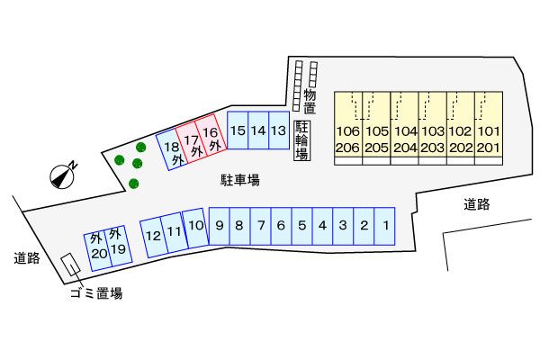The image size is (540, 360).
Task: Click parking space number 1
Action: click(384, 226)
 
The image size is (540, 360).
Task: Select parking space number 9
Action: click(220, 226)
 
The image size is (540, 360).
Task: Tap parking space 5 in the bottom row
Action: click(302, 226)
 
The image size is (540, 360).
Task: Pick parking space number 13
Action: click(279, 131)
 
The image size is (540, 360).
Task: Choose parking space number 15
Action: click(238, 131)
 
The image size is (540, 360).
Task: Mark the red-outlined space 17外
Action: click(191, 145)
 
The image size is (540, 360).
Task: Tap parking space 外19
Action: click(116, 242)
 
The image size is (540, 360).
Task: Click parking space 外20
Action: click(97, 247)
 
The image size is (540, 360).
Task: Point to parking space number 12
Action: click(154, 237)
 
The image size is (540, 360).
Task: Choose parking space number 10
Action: click(195, 228)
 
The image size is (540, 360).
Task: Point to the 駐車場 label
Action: click(240, 181)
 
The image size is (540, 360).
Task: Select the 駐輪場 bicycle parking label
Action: click(301, 141)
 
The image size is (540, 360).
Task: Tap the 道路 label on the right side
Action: click(477, 204)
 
